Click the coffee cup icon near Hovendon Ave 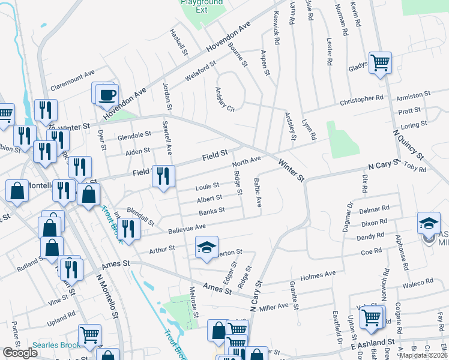coord(107,95)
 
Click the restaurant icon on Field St coord(163,175)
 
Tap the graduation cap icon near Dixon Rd coord(429,224)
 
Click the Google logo coord(20,353)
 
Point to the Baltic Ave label coord(258,192)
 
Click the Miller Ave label coord(274,307)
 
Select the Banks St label coord(212,211)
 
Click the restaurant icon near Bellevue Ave coord(128,228)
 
